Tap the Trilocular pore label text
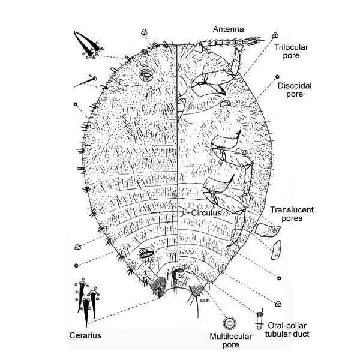291,50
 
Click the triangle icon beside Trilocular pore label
275,35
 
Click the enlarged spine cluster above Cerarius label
86,300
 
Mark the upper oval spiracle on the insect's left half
145,76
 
